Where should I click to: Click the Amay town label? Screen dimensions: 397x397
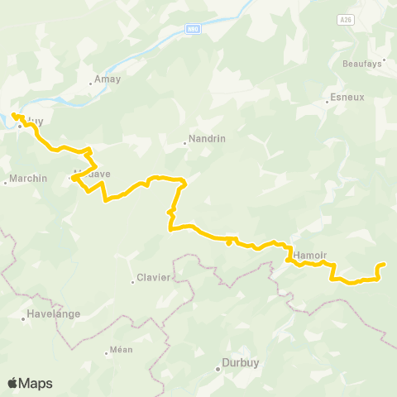[108, 79]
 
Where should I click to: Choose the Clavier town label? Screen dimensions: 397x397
[154, 277]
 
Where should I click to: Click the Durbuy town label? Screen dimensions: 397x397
[237, 362]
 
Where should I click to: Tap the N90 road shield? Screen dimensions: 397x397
[194, 28]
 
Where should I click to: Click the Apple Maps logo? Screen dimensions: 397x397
[30, 383]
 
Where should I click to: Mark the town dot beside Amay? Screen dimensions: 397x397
[91, 83]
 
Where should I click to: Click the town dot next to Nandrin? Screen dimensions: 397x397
[185, 143]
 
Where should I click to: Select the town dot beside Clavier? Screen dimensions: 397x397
[132, 281]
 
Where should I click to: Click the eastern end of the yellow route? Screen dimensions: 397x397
[384, 265]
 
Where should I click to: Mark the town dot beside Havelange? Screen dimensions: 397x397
[23, 317]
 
